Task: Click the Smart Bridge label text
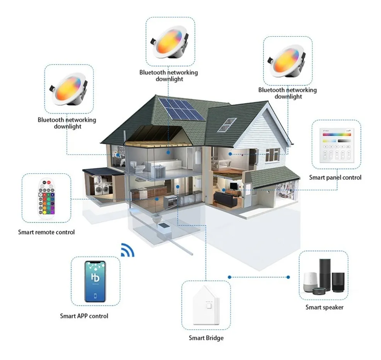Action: click(x=206, y=338)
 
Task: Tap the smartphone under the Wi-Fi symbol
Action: click(x=95, y=281)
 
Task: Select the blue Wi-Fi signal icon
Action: click(x=127, y=250)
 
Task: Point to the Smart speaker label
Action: click(x=324, y=307)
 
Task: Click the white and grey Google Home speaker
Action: click(x=309, y=282)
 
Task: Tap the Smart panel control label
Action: click(x=335, y=178)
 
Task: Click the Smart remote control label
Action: click(x=46, y=232)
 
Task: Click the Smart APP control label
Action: click(x=84, y=316)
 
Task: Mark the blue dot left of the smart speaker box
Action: click(x=230, y=277)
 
